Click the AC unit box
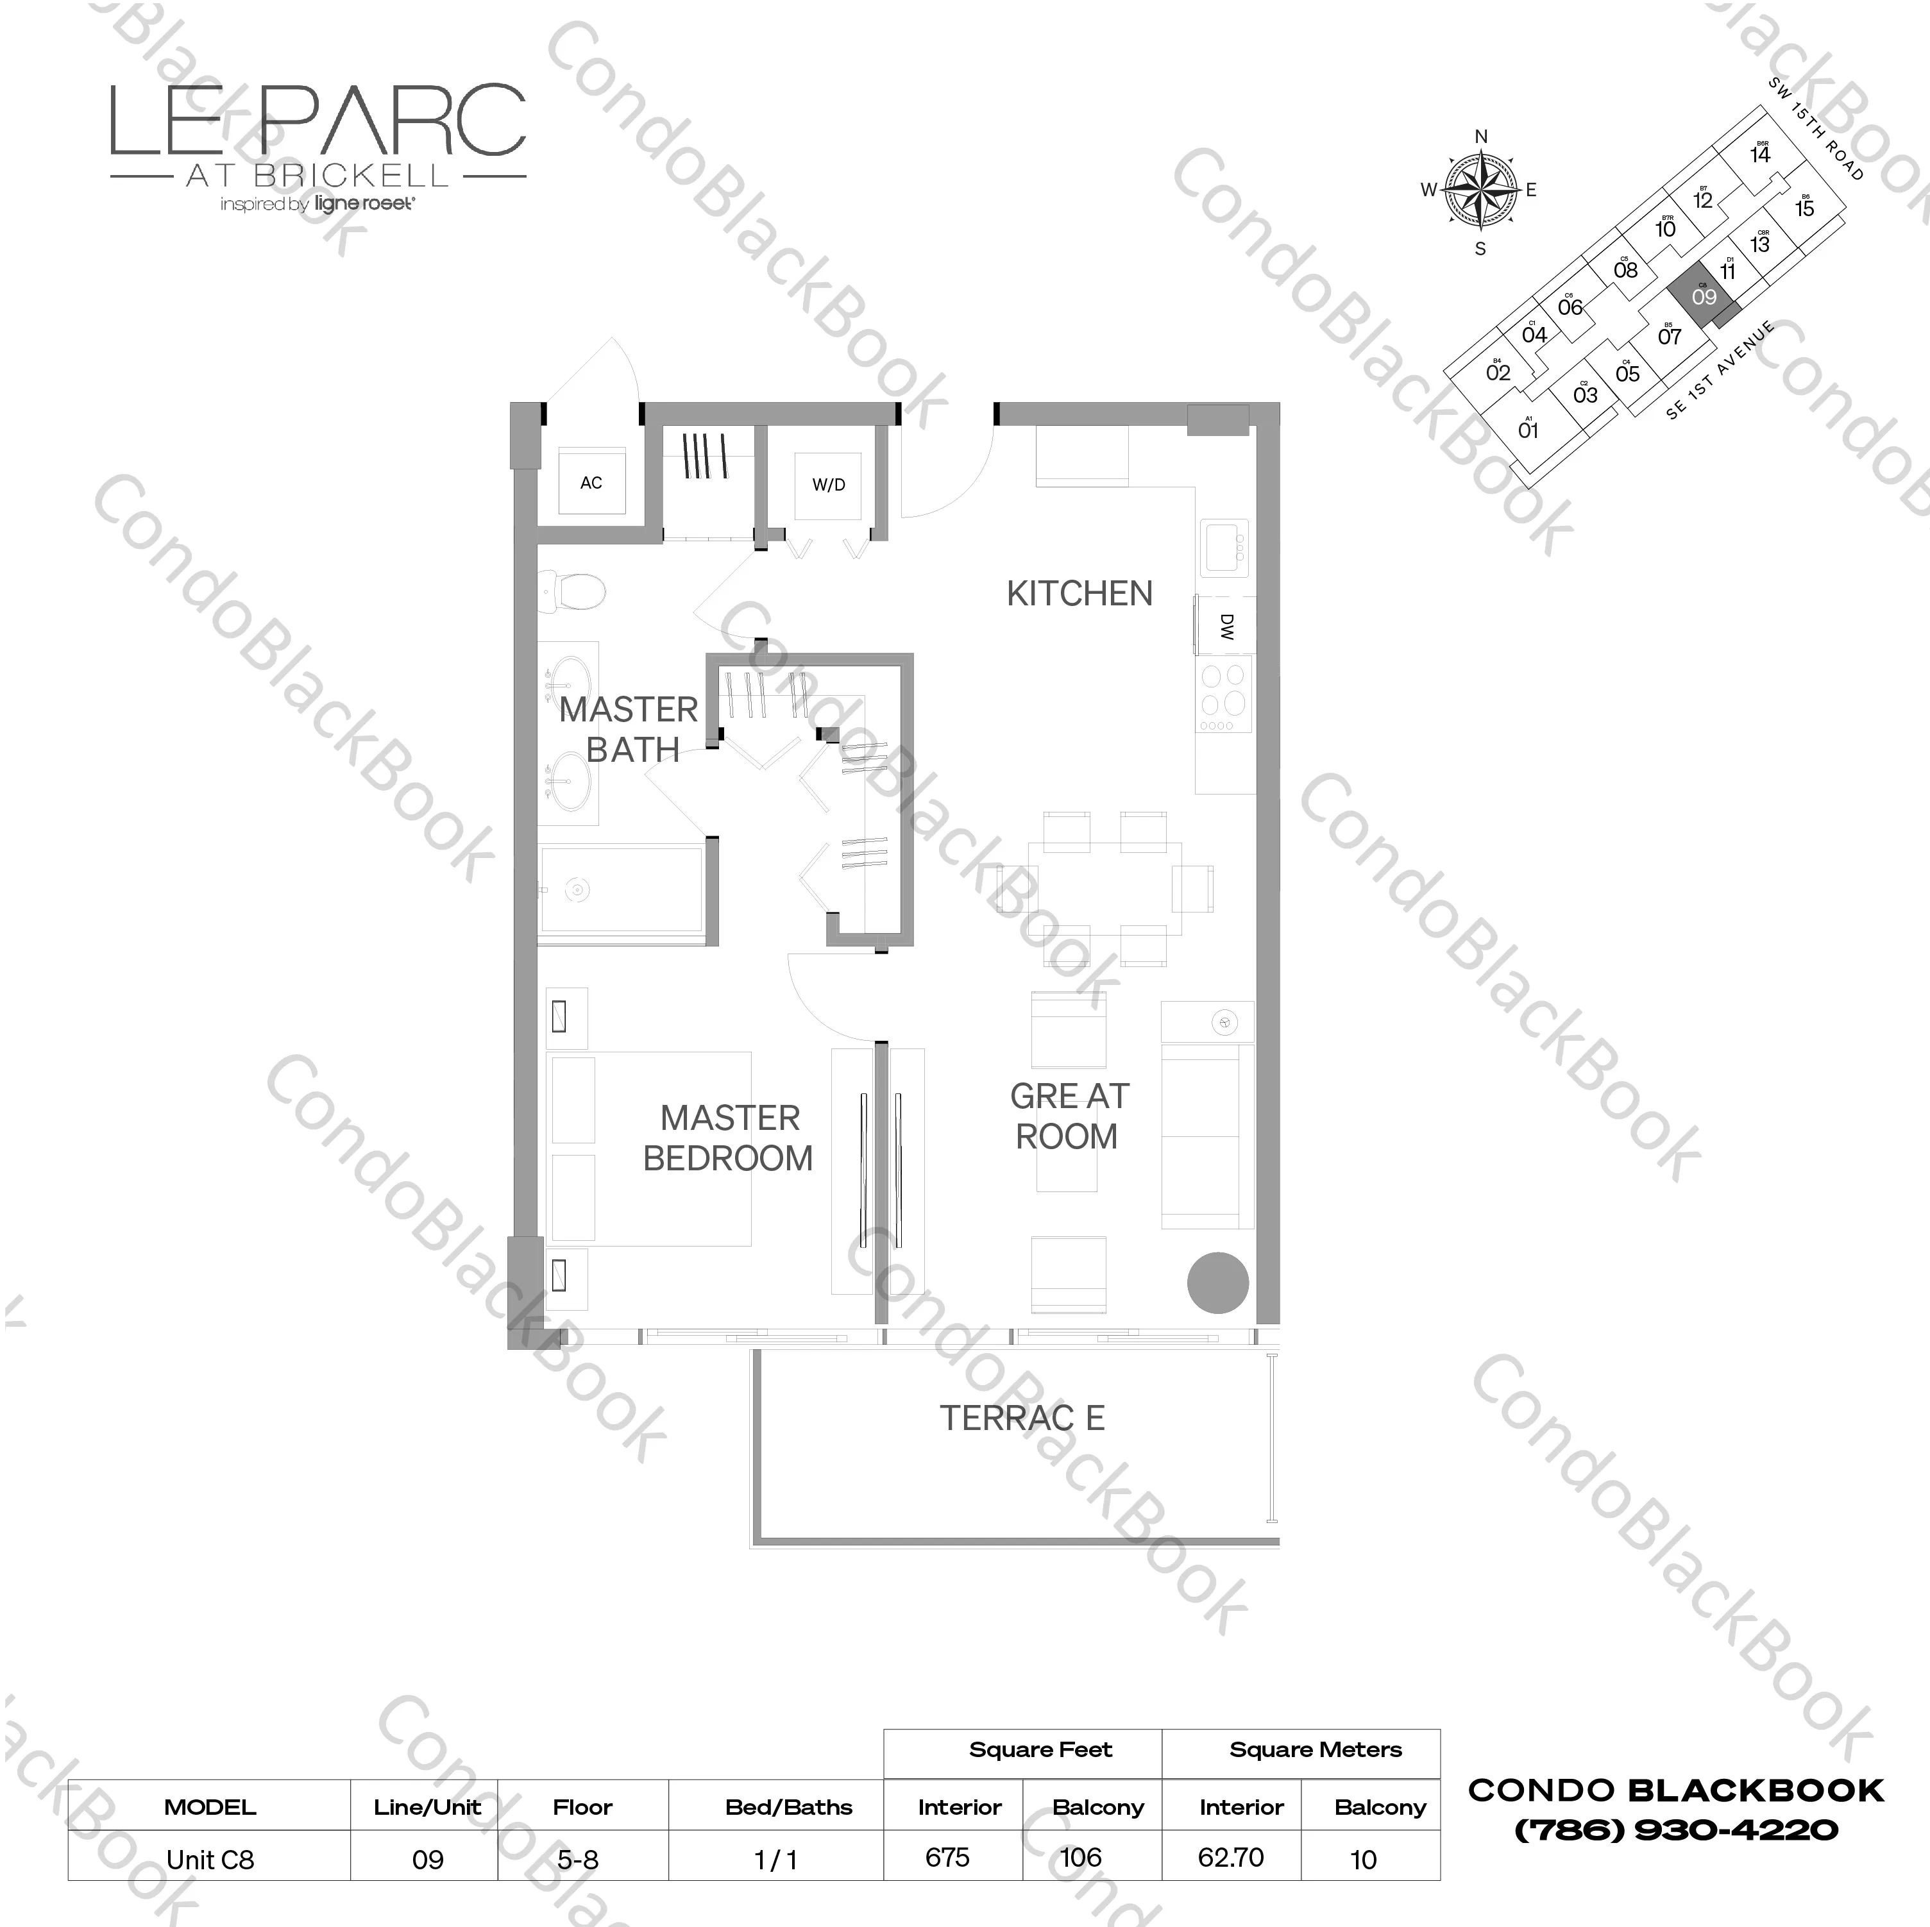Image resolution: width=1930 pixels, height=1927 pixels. pos(591,482)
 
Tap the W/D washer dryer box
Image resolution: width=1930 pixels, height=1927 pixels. pos(828,485)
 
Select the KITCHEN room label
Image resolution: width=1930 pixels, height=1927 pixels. pos(1079,593)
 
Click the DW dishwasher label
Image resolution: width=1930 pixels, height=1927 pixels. pos(1227,627)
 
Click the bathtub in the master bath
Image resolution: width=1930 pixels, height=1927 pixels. pos(622,889)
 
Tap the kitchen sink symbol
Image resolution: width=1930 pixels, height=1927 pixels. pos(1224,548)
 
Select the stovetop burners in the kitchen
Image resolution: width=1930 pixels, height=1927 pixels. pos(1224,693)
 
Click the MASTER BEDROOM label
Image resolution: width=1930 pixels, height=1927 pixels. pos(728,1138)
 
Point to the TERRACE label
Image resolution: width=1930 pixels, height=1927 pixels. pos(1021,1418)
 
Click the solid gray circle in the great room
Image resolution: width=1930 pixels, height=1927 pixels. pos(1218,1283)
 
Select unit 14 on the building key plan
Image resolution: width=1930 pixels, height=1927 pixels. pos(1760,155)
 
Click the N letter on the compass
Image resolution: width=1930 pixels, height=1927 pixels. pos(1480,137)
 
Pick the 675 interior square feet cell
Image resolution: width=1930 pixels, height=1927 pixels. pos(947,1857)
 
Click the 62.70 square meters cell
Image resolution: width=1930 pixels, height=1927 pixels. pos(1231,1857)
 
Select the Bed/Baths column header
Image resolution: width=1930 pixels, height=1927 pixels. pos(788,1807)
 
